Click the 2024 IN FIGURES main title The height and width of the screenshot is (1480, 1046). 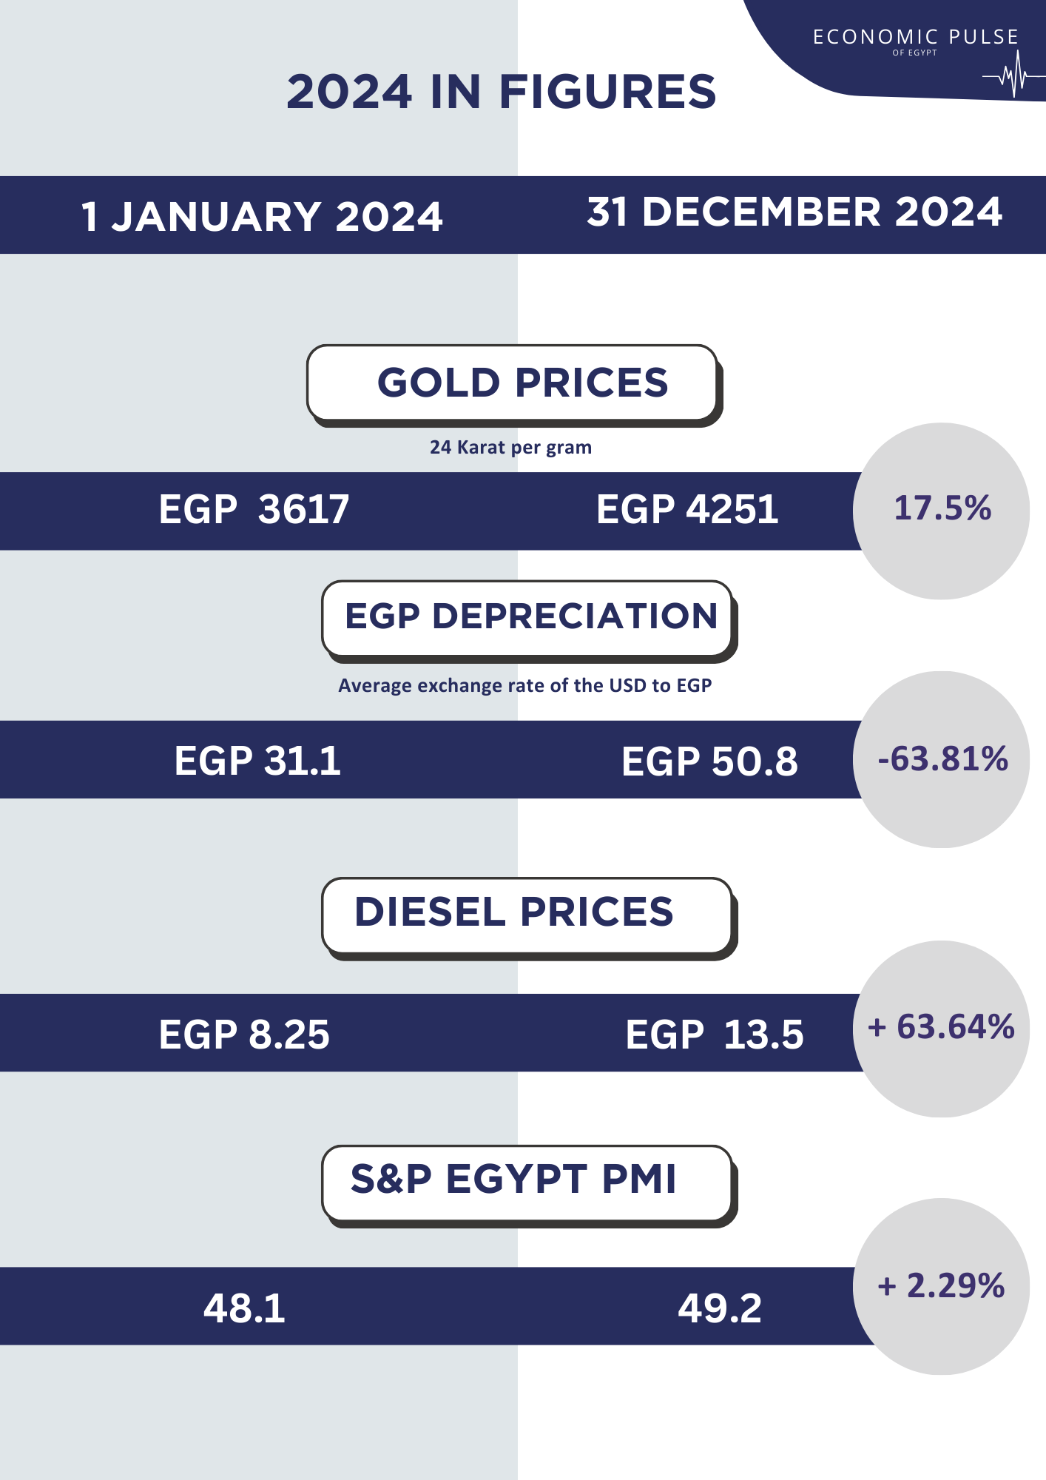coord(502,92)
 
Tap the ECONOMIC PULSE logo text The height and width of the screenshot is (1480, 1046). coord(915,38)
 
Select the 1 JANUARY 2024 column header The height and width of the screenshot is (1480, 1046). coord(262,217)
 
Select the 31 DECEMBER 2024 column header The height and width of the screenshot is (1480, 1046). coord(794,212)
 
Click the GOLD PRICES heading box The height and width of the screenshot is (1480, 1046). coord(513,383)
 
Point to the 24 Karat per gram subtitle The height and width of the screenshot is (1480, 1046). coord(510,448)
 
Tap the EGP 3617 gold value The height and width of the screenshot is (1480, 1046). coord(254,510)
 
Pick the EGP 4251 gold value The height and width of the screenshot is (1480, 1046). coord(687,510)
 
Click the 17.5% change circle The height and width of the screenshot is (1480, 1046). coord(941,510)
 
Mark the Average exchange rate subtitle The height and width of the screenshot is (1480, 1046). coord(524,686)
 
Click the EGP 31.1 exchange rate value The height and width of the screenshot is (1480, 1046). coord(257,761)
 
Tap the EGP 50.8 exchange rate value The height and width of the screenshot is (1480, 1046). coord(709,761)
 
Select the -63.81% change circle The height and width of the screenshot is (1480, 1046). coord(941,759)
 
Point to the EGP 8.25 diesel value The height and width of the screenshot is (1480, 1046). coord(244,1034)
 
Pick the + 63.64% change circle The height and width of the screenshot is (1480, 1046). coord(941,1028)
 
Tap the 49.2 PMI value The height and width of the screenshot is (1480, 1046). coord(719,1308)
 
